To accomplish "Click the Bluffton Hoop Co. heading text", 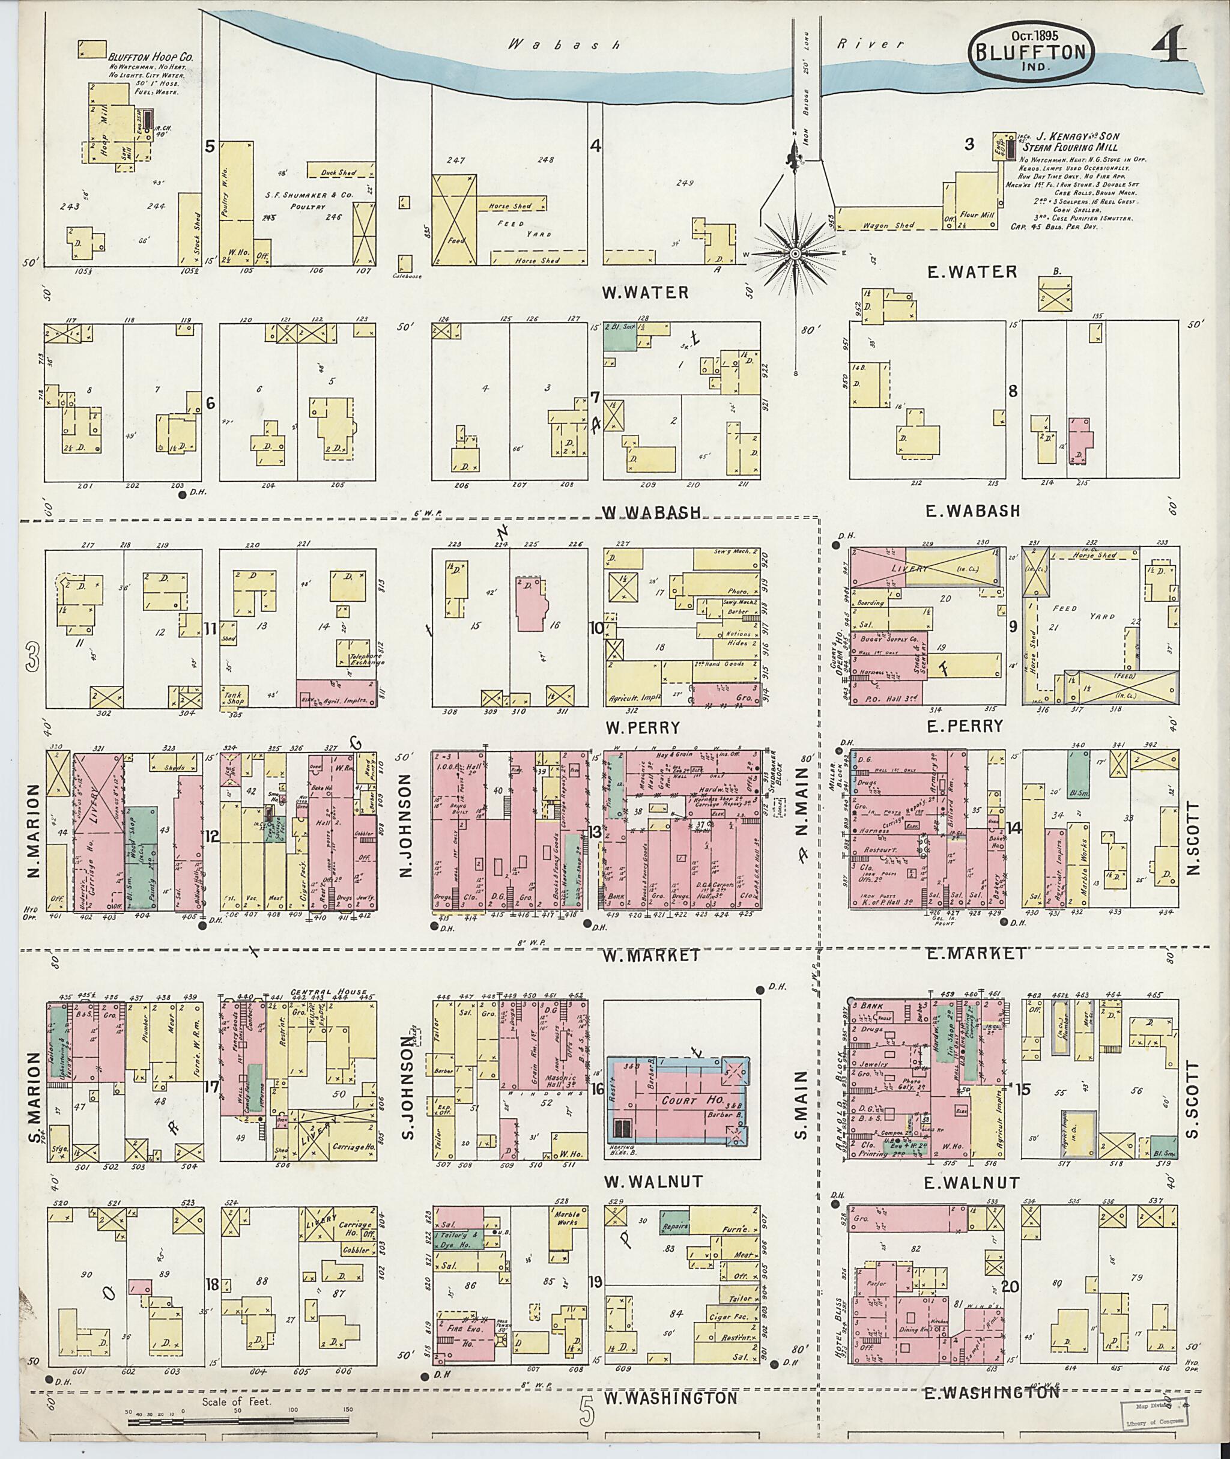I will pyautogui.click(x=151, y=57).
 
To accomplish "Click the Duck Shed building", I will pyautogui.click(x=339, y=172).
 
